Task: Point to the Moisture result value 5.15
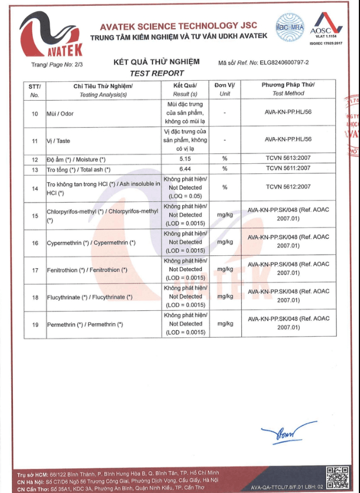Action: click(186, 159)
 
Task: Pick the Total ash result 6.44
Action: click(186, 169)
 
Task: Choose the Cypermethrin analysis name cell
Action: click(91, 242)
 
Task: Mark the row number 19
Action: click(35, 324)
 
